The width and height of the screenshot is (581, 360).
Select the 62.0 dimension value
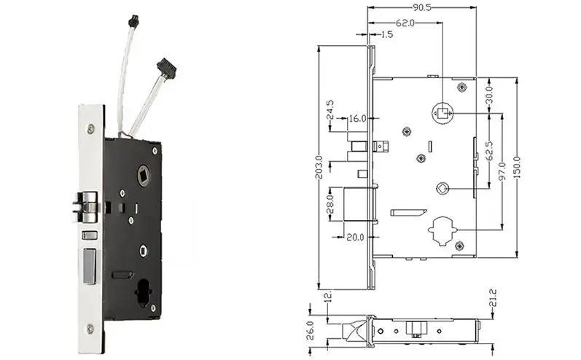click(406, 23)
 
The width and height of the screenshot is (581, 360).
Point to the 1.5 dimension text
click(386, 34)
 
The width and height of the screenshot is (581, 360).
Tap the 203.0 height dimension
click(318, 168)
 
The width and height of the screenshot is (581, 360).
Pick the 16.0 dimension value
click(357, 118)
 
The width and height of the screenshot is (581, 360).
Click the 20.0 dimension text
click(357, 236)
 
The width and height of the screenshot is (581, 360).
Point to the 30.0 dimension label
click(489, 95)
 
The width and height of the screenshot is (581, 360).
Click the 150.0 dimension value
click(517, 168)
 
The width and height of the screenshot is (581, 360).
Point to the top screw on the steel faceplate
click(89, 129)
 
